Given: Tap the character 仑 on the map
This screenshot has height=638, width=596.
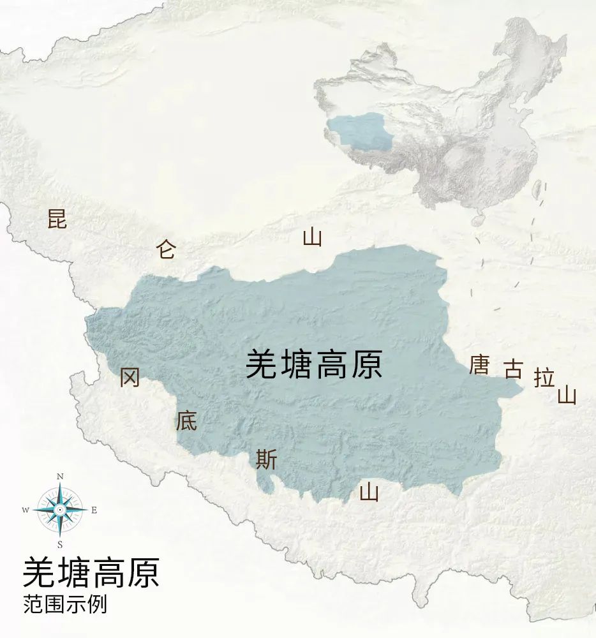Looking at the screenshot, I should pos(165,249).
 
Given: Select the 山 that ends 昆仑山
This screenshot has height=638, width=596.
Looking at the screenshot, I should pos(312,238).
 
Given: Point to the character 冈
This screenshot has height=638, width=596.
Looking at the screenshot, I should pos(130,378).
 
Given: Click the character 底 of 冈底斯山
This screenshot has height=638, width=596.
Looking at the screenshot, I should pos(187,420).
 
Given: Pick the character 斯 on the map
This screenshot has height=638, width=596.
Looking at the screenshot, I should pos(266,459).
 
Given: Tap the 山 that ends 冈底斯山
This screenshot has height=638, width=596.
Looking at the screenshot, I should pos(369,492).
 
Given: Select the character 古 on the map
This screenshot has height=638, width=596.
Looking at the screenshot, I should pos(513,369).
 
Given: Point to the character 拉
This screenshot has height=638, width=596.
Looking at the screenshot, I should pos(544,378).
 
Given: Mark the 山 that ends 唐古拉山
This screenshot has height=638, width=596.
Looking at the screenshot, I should pos(567,396).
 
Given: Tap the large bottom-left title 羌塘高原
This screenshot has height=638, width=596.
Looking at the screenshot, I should pos(91,572).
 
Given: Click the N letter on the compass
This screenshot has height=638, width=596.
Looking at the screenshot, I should pos(60,477).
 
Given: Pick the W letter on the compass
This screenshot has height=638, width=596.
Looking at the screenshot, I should pos(26,510).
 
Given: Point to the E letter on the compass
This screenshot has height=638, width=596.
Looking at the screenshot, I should pos(94,510).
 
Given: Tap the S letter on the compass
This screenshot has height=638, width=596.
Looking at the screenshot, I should pos(60,544).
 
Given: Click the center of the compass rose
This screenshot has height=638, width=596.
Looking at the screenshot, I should pos(60,510).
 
